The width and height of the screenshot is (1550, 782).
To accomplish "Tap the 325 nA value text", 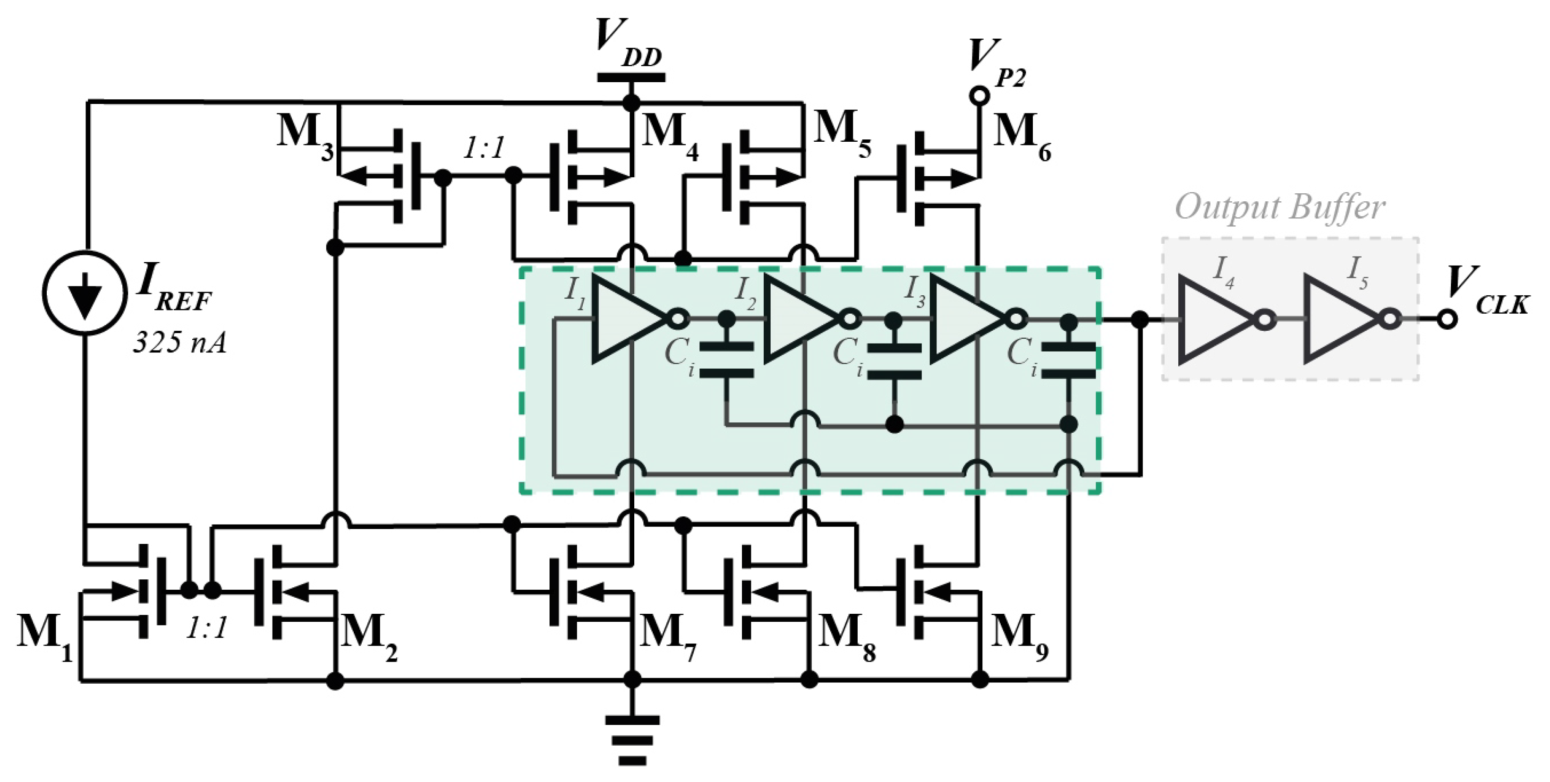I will [179, 343].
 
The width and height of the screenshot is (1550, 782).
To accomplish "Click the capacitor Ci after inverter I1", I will [727, 360].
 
